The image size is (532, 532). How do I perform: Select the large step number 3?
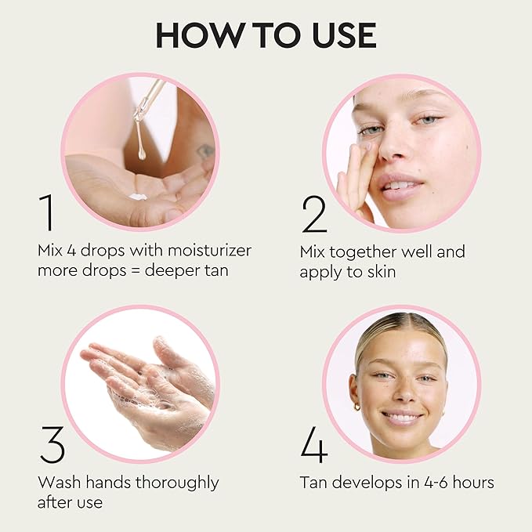pyautogui.click(x=51, y=445)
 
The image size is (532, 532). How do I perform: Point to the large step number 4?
pyautogui.click(x=313, y=445)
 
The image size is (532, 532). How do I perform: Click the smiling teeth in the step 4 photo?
pyautogui.click(x=402, y=417)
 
